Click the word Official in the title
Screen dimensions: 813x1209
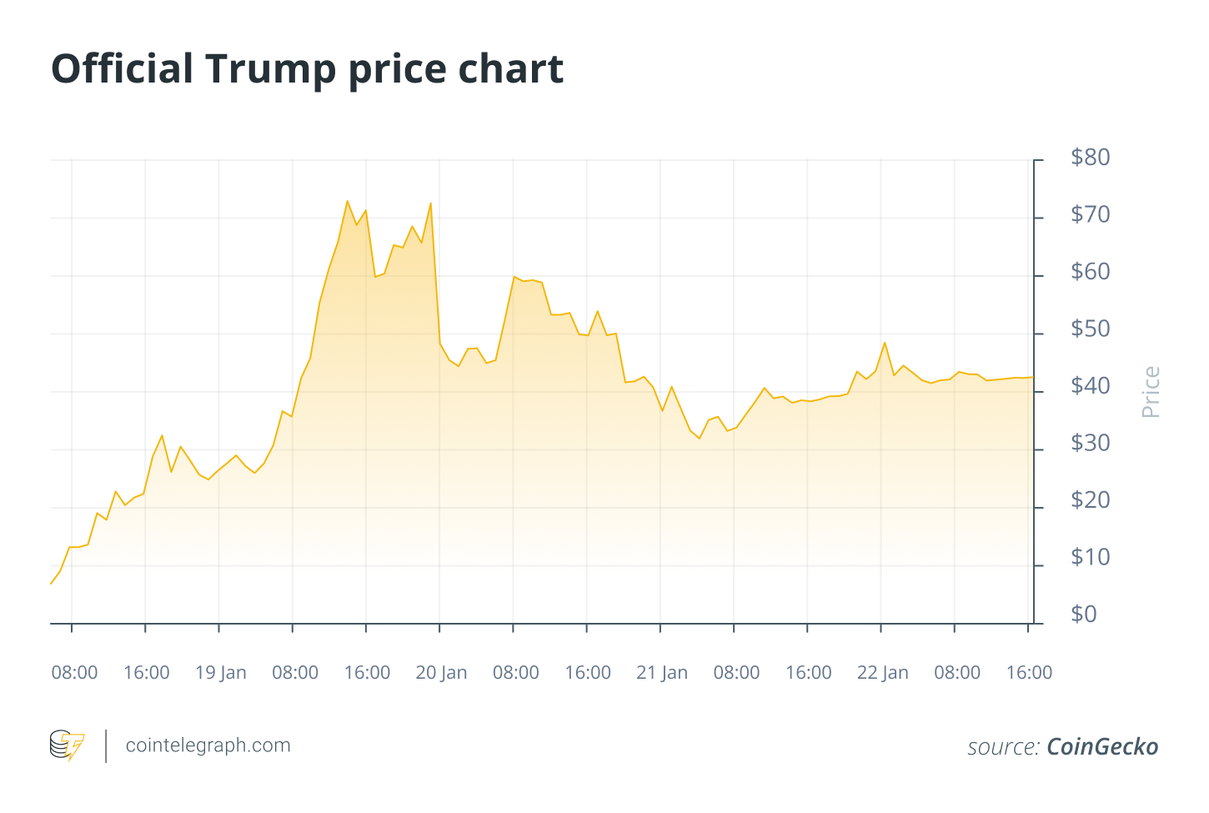(122, 68)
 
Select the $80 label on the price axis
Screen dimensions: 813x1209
(1090, 158)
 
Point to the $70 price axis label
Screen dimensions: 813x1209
(1090, 215)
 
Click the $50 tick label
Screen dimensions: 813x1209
(1090, 329)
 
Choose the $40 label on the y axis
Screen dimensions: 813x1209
(1090, 386)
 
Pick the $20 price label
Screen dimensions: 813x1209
(1090, 500)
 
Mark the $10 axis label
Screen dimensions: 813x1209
(1090, 557)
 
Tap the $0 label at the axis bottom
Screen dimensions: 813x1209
(1083, 615)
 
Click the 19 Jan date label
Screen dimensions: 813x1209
(221, 673)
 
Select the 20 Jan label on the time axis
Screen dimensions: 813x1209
(441, 673)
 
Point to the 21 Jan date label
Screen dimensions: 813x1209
(662, 673)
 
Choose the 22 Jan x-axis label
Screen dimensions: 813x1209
(882, 673)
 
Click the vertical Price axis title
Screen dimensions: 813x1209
(1151, 392)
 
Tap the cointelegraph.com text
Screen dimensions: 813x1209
(208, 745)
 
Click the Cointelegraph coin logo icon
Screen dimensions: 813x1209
(67, 745)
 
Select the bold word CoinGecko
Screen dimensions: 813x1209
(1101, 746)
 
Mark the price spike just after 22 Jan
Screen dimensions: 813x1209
(885, 343)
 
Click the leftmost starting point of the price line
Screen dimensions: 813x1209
(51, 583)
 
